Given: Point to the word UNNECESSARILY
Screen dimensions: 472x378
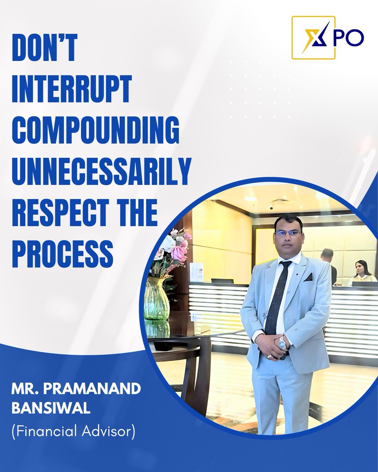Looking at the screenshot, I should pyautogui.click(x=101, y=172).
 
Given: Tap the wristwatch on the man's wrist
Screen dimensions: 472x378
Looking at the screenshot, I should pyautogui.click(x=283, y=343).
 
